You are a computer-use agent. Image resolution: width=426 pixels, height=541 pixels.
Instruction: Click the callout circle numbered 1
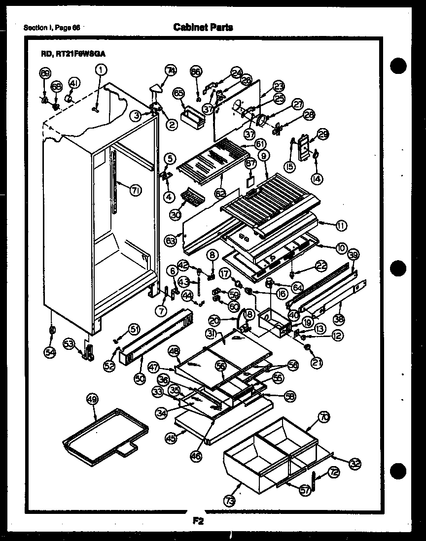[x=101, y=70]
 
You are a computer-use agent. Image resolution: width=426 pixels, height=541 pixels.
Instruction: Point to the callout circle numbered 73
[x=230, y=487]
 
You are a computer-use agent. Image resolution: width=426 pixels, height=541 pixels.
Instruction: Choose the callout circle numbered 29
[x=323, y=135]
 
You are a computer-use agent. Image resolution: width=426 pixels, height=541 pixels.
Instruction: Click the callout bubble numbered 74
[x=171, y=71]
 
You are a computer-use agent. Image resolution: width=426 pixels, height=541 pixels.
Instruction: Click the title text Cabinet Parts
[x=203, y=27]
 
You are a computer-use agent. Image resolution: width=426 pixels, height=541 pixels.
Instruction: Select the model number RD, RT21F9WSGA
[x=74, y=55]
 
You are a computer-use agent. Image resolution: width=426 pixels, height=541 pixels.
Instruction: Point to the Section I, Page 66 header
[x=52, y=28]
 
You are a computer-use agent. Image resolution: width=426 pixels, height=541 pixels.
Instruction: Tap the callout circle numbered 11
[x=340, y=226]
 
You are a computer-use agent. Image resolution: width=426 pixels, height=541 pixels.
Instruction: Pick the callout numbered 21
[x=316, y=363]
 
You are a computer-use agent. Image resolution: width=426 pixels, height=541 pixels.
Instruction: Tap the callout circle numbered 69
[x=45, y=73]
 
